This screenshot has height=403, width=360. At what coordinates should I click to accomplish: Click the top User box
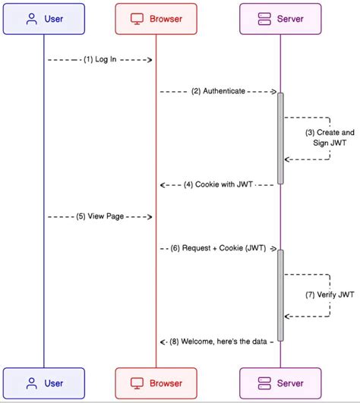(43, 19)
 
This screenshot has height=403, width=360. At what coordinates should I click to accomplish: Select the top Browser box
(156, 19)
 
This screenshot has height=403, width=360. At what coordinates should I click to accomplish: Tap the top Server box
(280, 19)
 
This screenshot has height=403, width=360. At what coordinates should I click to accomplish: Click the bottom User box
(43, 383)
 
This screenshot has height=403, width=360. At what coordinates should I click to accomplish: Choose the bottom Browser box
(156, 383)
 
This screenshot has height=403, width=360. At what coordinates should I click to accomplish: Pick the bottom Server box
(280, 383)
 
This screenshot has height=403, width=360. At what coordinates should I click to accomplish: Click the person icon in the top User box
(31, 19)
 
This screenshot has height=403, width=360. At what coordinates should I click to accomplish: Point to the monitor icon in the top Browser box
(138, 19)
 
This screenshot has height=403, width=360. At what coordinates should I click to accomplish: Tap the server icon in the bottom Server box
(264, 383)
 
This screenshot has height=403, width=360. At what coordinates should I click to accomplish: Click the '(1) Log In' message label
(100, 59)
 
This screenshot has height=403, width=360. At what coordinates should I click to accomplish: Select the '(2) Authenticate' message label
(218, 91)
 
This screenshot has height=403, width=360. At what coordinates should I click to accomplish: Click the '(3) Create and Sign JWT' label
(330, 137)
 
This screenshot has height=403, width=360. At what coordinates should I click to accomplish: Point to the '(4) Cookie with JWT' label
(218, 184)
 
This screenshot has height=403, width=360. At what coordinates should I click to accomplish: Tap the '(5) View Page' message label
(100, 217)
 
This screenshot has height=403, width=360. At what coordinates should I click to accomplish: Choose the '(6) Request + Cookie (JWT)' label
(218, 248)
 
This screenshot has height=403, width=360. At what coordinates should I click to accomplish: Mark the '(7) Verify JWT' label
(330, 294)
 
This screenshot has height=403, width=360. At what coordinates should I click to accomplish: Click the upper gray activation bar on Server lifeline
(280, 138)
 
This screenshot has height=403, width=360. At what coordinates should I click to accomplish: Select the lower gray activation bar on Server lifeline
(280, 295)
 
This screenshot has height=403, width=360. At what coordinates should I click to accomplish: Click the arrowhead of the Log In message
(150, 59)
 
